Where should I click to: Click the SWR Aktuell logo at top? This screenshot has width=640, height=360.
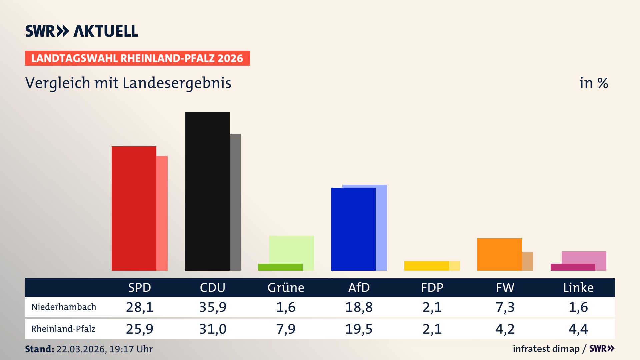coord(81,31)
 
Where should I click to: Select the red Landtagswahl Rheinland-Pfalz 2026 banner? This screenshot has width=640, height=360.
coord(137,58)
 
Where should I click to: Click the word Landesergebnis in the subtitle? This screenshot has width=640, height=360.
coord(177,83)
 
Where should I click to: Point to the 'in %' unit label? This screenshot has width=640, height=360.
coord(593,83)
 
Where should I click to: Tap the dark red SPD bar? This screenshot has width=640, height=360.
coord(134,208)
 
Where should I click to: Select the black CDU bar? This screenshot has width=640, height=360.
coord(207,191)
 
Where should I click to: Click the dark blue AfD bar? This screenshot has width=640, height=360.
coord(353,229)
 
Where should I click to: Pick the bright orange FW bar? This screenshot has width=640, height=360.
coord(499,254)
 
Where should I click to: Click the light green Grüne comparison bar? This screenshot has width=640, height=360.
coord(292,249)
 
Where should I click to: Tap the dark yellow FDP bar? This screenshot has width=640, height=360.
coord(426,266)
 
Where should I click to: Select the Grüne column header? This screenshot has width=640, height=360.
coord(286,288)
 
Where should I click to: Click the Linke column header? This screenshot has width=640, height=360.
coord(578,288)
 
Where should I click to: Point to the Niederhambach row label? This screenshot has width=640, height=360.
coord(64,307)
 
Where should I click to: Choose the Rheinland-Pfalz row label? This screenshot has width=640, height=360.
coord(63,329)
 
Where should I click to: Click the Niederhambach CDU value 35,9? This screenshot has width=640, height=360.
coord(213,307)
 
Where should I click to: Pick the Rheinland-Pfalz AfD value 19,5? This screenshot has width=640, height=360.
coord(359,329)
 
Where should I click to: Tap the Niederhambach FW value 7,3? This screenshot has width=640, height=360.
coord(505,307)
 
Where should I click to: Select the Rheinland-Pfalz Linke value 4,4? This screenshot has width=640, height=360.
coord(578,329)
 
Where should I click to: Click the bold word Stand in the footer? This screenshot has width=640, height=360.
coord(39,349)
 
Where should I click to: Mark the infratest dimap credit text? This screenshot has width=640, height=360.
coord(546,349)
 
